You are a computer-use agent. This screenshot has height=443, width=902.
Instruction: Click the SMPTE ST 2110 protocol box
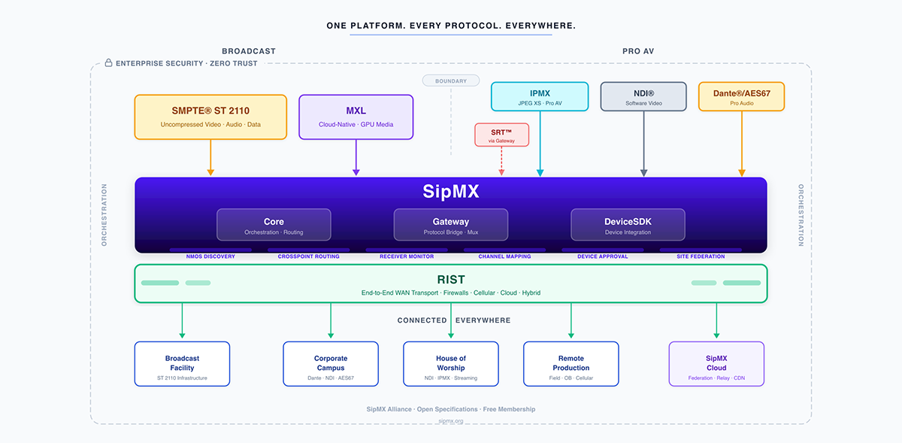point(210,117)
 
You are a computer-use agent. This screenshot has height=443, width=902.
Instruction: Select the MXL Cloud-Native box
point(356,117)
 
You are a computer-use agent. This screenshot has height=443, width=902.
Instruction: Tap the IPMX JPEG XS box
point(540,97)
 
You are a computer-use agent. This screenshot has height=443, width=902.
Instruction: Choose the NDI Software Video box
point(643,97)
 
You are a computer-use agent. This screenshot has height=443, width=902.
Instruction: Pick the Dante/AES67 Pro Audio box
point(741,97)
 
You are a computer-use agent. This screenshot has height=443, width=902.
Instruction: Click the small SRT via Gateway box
point(501,135)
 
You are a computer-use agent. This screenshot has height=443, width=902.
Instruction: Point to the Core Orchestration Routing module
point(274,225)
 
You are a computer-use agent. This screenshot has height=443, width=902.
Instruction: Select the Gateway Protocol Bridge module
point(451,225)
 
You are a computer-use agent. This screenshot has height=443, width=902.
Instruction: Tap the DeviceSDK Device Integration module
point(628,225)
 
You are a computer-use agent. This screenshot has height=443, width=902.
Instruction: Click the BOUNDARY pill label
point(451,81)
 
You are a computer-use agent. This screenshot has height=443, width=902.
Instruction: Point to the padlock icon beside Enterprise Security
point(108,63)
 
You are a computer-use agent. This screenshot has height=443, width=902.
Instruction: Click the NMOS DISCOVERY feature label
point(210,256)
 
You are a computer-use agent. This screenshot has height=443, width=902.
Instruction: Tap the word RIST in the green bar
point(451,280)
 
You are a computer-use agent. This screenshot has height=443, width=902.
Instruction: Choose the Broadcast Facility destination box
point(182,364)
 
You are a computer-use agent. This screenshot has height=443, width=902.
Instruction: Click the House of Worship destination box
point(451,364)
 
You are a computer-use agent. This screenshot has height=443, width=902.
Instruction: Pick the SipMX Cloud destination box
point(716,364)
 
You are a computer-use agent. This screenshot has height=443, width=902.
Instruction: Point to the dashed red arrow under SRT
point(501,162)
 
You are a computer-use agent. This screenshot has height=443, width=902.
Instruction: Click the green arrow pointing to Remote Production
point(571,321)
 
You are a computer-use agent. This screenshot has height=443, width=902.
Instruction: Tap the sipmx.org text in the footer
point(451,421)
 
